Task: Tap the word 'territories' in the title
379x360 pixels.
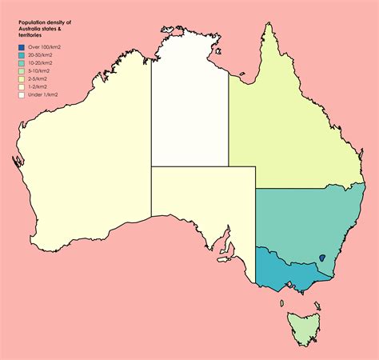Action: click(30, 35)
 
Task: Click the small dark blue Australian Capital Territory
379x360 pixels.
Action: click(321, 258)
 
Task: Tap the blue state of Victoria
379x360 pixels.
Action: click(288, 272)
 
